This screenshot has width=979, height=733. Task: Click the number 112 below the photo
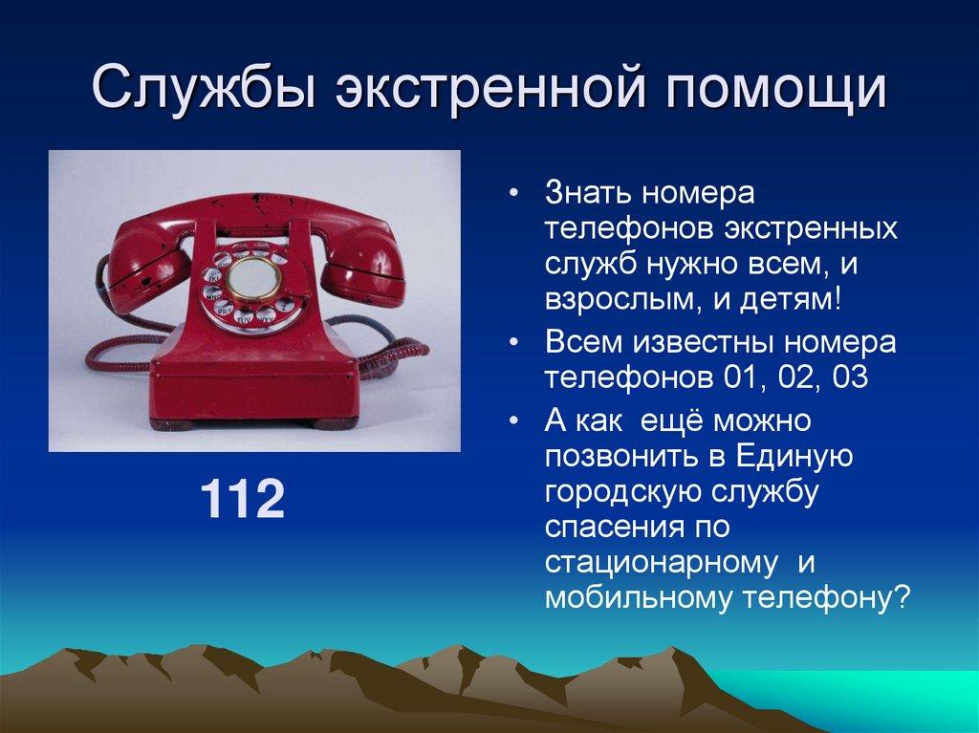pyautogui.click(x=242, y=501)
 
